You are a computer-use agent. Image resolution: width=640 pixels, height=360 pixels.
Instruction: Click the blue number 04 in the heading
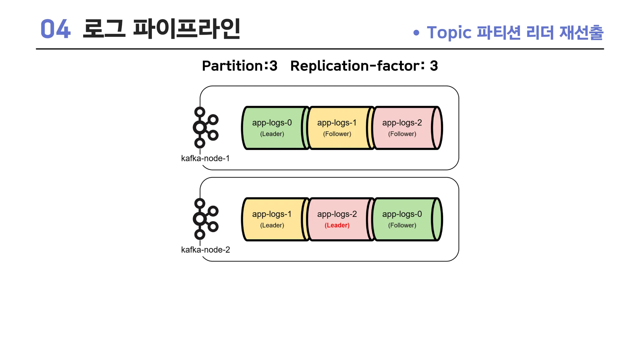point(56,29)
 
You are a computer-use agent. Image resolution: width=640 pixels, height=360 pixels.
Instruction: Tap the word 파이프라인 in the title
point(187,28)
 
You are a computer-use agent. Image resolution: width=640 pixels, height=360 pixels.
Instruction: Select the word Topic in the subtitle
point(449,33)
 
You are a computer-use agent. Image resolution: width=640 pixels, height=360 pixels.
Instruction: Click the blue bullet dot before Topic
point(416,32)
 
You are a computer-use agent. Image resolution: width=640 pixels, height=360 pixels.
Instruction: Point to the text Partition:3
point(240,66)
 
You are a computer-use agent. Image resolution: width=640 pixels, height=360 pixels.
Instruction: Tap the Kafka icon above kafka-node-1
point(205,127)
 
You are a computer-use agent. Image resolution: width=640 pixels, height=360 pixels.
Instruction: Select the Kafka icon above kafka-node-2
point(205,219)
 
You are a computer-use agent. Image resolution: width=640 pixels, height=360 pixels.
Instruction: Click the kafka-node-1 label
point(205,158)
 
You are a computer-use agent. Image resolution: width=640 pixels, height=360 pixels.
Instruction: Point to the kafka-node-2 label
point(206,250)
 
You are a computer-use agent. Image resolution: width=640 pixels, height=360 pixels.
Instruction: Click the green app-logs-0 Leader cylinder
point(273,128)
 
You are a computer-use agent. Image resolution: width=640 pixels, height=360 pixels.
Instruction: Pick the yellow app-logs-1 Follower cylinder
point(339,128)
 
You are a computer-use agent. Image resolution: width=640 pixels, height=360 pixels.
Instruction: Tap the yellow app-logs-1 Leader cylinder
point(273,219)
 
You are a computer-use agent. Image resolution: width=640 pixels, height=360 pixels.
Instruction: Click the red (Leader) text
point(337,225)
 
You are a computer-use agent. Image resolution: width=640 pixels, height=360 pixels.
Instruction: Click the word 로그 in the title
point(104,28)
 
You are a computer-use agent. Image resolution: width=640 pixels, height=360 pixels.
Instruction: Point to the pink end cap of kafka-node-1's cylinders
point(437,128)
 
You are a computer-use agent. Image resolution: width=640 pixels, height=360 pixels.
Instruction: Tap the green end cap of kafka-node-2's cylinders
point(437,219)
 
